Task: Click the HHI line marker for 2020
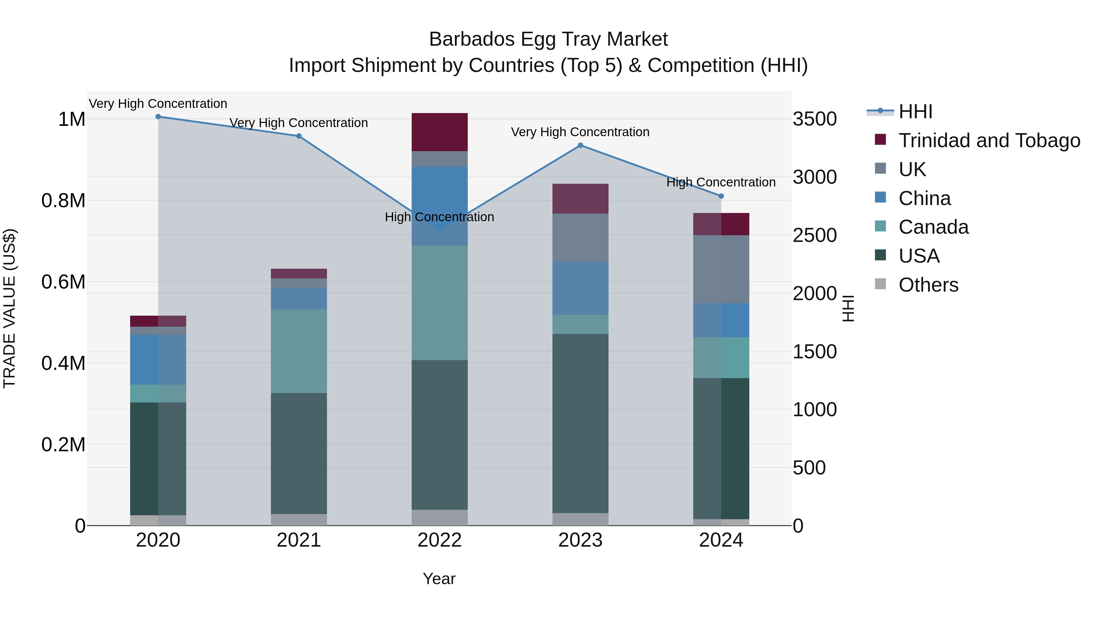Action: pos(158,117)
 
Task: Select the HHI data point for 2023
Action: pos(580,146)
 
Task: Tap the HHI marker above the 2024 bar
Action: pos(721,196)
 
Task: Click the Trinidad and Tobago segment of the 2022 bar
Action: pos(439,132)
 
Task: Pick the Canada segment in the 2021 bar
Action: pos(299,351)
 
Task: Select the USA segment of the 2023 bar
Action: pos(580,424)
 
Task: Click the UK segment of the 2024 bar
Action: pos(721,269)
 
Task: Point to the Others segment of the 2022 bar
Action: pos(439,518)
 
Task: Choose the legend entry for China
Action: pos(924,198)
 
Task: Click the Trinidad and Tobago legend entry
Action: pos(989,140)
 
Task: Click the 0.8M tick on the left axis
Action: pos(63,200)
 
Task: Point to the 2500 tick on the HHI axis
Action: pos(814,236)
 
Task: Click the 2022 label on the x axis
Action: pos(439,540)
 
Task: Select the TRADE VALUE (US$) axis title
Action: pos(9,308)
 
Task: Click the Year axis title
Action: pos(439,579)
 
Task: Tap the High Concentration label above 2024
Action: pos(721,182)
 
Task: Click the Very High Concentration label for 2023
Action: pos(580,132)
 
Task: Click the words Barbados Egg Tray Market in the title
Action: pos(548,39)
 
